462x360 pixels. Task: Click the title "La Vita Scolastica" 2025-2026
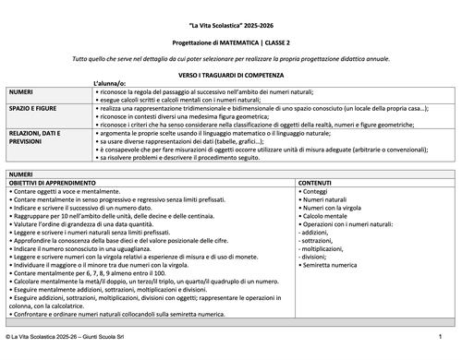[x=231, y=26]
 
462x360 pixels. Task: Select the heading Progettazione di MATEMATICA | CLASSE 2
[x=231, y=43]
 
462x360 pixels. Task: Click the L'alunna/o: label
[x=110, y=83]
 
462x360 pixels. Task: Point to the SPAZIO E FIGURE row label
[x=29, y=108]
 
